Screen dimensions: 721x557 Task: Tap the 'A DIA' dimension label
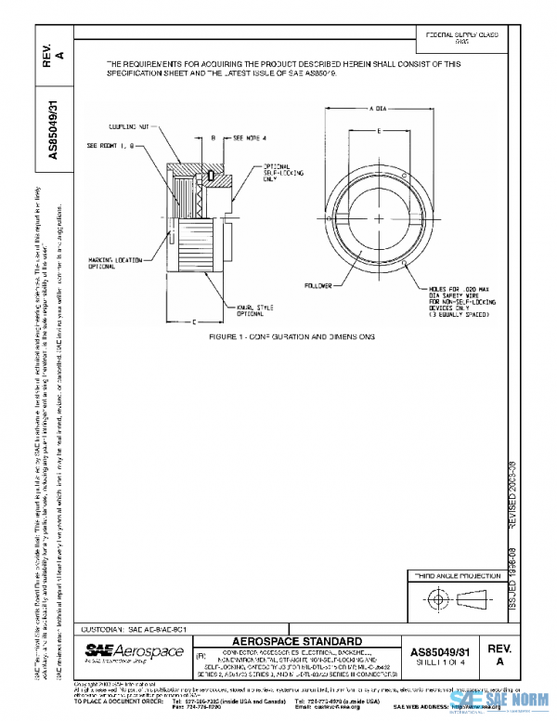coord(376,109)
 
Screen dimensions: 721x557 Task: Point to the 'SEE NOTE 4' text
coord(250,137)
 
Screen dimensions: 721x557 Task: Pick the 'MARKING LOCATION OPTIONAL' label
coord(116,263)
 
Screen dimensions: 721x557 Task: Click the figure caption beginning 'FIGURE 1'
coord(292,334)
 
